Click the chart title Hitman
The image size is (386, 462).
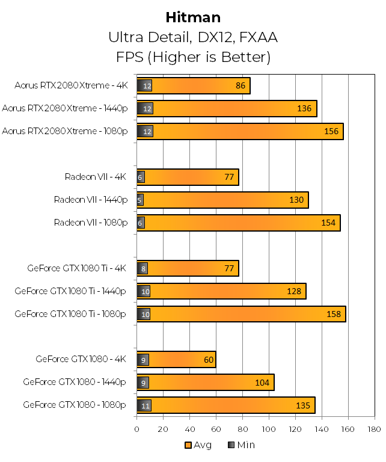click(x=192, y=17)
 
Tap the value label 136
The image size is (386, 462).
click(x=304, y=109)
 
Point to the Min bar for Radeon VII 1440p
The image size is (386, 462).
click(x=140, y=200)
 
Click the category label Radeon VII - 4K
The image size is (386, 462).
click(x=96, y=177)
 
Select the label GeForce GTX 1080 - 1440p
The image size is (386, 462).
click(x=75, y=382)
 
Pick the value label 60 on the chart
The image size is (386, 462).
click(x=207, y=360)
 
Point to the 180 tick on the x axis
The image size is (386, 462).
click(x=374, y=429)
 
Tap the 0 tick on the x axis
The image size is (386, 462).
click(x=137, y=429)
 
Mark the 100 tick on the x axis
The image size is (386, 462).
click(x=269, y=429)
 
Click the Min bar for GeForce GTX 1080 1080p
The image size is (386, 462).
click(x=144, y=405)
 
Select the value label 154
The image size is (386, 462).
click(x=328, y=223)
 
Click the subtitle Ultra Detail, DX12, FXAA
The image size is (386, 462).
click(x=192, y=37)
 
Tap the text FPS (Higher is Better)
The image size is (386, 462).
click(x=192, y=57)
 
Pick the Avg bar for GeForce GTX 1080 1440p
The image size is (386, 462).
click(x=210, y=383)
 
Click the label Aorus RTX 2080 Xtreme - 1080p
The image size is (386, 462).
click(x=65, y=131)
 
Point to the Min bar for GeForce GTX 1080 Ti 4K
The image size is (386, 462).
click(x=142, y=268)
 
